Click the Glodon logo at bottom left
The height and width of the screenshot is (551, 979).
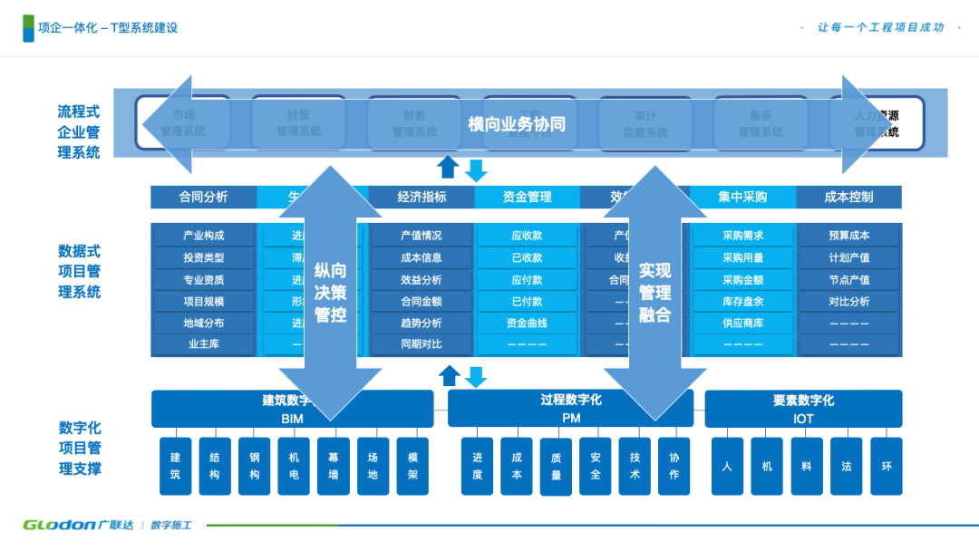59,525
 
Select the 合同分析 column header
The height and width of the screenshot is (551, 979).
203,197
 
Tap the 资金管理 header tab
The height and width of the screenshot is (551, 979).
526,197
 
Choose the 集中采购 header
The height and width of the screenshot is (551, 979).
742,197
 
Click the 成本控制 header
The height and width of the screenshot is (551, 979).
848,197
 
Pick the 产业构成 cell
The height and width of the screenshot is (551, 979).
203,236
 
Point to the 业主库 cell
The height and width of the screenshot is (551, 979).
203,344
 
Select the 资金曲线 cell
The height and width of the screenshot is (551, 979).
527,323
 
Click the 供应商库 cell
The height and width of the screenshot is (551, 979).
742,323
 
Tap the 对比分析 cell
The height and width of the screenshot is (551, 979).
848,301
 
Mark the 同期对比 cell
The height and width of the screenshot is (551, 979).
422,344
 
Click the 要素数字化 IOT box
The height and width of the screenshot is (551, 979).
803,409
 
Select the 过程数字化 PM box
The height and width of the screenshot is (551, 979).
570,409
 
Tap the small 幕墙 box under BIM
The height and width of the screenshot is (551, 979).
334,466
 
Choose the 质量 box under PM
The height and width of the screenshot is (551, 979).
556,467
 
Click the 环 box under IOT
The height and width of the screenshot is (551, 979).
887,466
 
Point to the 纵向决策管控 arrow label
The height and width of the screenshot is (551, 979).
330,293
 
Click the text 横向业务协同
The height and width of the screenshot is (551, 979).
517,124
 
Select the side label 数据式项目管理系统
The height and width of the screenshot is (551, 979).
80,271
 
